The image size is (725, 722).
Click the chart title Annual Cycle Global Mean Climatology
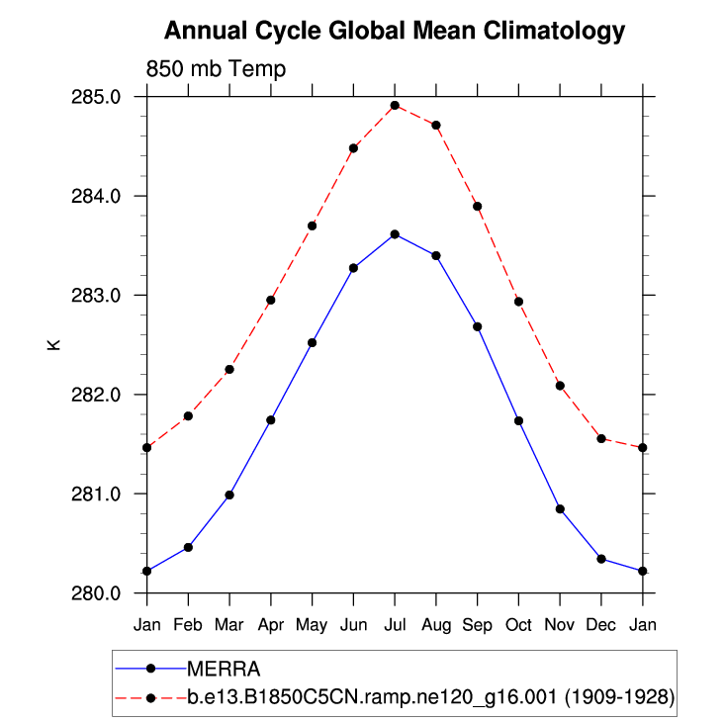(x=394, y=32)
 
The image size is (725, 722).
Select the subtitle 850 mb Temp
(x=216, y=69)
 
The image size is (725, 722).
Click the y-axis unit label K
(x=53, y=345)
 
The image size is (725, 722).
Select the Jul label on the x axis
(x=395, y=625)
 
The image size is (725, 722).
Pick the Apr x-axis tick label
(x=270, y=625)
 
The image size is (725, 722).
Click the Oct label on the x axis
(x=518, y=625)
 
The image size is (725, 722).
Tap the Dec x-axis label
(x=601, y=625)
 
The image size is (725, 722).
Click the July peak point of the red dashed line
(x=395, y=105)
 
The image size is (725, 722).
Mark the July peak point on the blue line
(x=395, y=234)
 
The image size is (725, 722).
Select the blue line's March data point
(x=229, y=495)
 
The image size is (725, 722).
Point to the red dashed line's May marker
(x=312, y=226)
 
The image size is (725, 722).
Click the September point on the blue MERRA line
(x=477, y=326)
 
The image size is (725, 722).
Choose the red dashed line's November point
(x=560, y=385)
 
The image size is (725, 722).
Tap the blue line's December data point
(x=601, y=559)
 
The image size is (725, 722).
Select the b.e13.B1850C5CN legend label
(x=430, y=697)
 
